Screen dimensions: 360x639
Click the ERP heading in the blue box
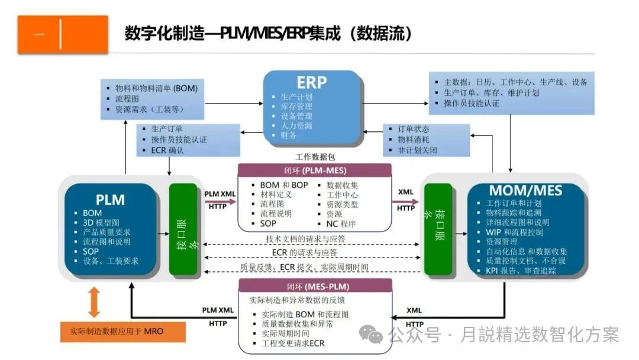click(x=311, y=82)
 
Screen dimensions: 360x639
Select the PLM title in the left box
click(x=111, y=200)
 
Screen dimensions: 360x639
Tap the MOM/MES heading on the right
click(x=525, y=191)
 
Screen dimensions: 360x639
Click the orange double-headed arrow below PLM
click(x=94, y=302)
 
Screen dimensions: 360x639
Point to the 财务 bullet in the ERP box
click(x=288, y=136)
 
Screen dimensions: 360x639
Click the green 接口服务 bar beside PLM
click(x=183, y=229)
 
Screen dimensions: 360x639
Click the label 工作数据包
click(x=315, y=157)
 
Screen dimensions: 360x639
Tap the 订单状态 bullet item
click(x=414, y=129)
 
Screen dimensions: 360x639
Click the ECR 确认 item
click(x=167, y=150)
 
